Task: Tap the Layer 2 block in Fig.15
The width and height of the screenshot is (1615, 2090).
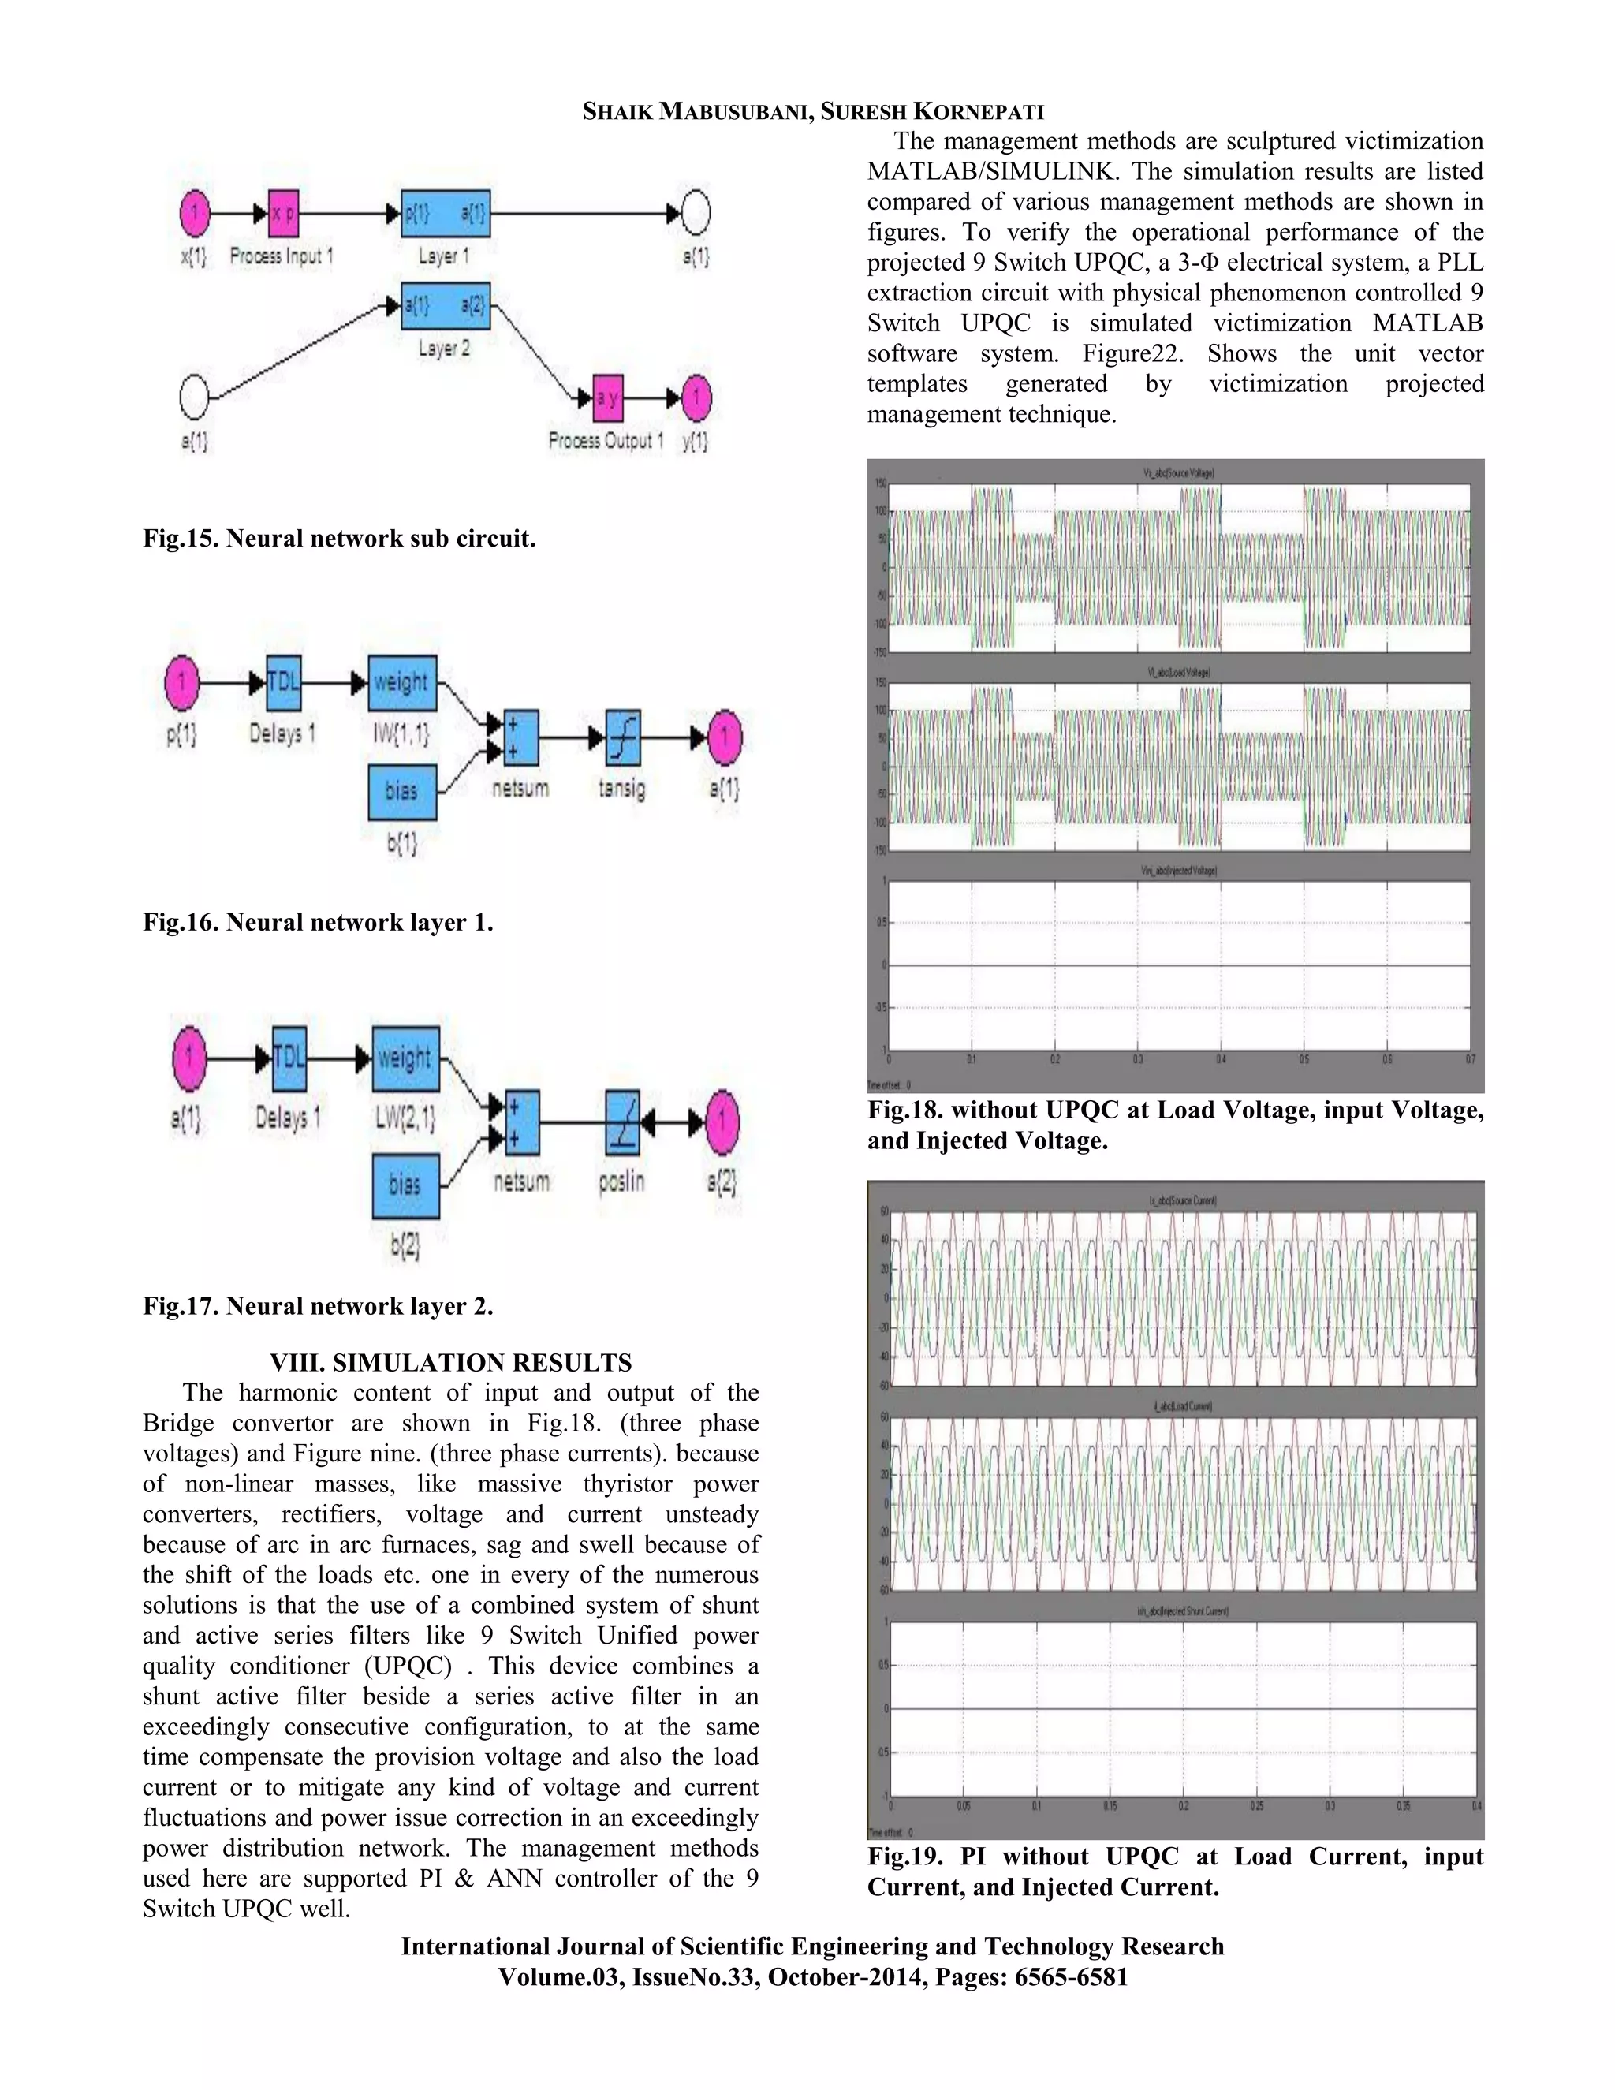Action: tap(445, 306)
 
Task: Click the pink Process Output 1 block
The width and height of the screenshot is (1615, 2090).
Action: tap(606, 398)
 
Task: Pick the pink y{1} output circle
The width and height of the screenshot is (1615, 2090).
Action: tap(696, 398)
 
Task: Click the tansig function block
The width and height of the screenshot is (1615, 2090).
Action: tap(623, 738)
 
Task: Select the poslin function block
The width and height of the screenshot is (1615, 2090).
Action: tap(623, 1122)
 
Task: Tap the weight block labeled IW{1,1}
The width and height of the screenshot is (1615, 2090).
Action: tap(403, 682)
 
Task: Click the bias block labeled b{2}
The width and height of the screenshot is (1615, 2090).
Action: tap(405, 1185)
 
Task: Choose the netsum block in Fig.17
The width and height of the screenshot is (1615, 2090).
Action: tap(521, 1122)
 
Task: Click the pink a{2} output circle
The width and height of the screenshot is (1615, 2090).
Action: tap(722, 1122)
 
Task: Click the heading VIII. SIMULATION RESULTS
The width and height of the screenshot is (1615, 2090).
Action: tap(450, 1362)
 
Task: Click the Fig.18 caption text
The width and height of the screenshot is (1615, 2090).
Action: tap(1175, 1125)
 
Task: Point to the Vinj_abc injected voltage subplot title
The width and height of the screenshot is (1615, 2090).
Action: tap(1179, 871)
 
